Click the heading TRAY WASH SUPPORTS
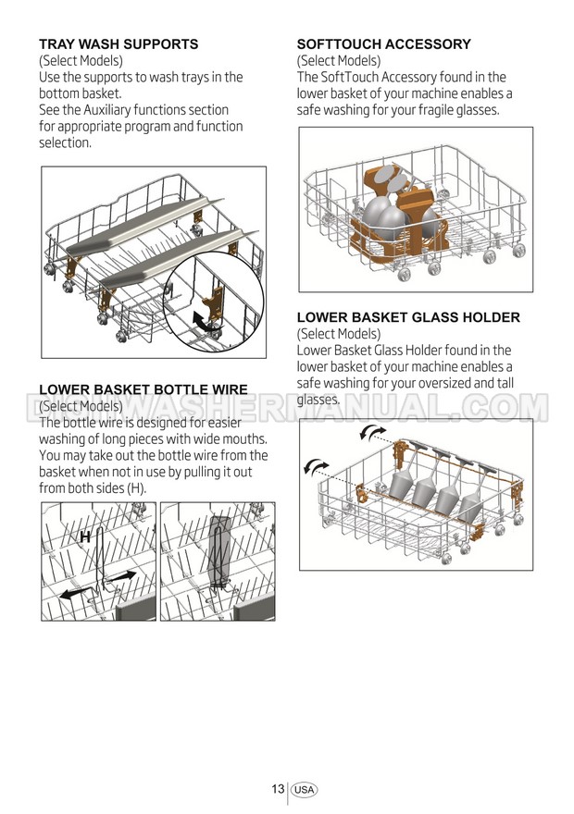click(118, 43)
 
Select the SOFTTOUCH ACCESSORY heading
click(383, 43)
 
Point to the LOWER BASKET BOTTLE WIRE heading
click(143, 389)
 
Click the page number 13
click(278, 789)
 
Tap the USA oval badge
click(305, 790)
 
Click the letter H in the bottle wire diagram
click(84, 536)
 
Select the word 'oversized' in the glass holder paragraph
click(455, 383)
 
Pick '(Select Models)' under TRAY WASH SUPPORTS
click(81, 61)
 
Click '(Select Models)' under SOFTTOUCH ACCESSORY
click(339, 61)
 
